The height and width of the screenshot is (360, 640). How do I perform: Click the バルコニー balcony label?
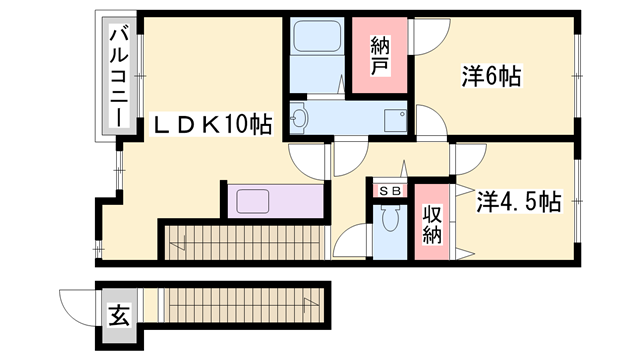(x=116, y=76)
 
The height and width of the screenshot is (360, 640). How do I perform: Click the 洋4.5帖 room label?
(x=518, y=201)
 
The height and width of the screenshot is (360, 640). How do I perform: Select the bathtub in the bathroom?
(x=316, y=42)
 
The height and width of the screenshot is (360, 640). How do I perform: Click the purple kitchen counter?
(x=276, y=200)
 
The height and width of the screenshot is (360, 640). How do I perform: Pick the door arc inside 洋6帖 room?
(x=432, y=120)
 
